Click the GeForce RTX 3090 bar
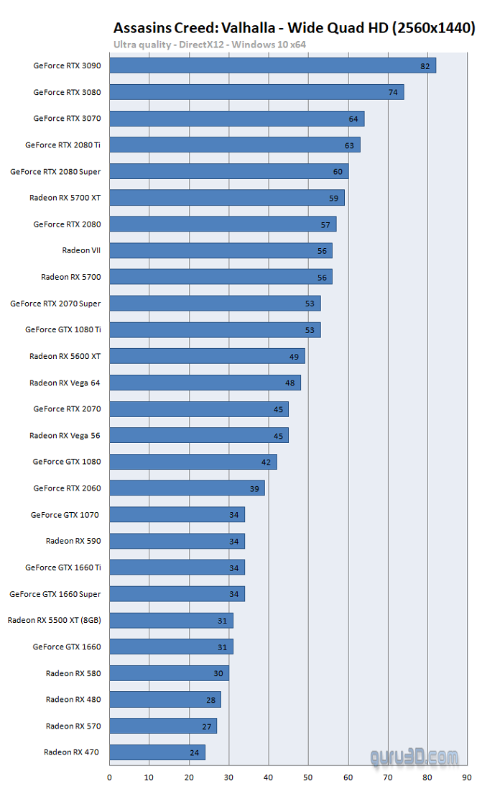pyautogui.click(x=272, y=65)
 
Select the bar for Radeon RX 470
pyautogui.click(x=157, y=752)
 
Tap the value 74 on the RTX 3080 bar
pyautogui.click(x=393, y=92)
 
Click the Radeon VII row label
pyautogui.click(x=81, y=250)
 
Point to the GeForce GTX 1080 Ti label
pyautogui.click(x=62, y=329)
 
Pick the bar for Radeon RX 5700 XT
pyautogui.click(x=227, y=197)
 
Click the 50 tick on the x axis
pyautogui.click(x=308, y=777)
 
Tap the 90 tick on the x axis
pyautogui.click(x=467, y=777)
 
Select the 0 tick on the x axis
pyautogui.click(x=110, y=777)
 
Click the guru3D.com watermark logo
pyautogui.click(x=415, y=757)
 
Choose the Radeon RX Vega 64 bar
pyautogui.click(x=205, y=383)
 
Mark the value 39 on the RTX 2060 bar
pyautogui.click(x=254, y=488)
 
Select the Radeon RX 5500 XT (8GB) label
pyautogui.click(x=55, y=620)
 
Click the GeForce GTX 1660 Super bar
pyautogui.click(x=177, y=594)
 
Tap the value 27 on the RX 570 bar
pyautogui.click(x=207, y=726)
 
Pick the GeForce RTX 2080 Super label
pyautogui.click(x=55, y=172)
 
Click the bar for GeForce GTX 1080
pyautogui.click(x=193, y=462)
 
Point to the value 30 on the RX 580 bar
pyautogui.click(x=218, y=673)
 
